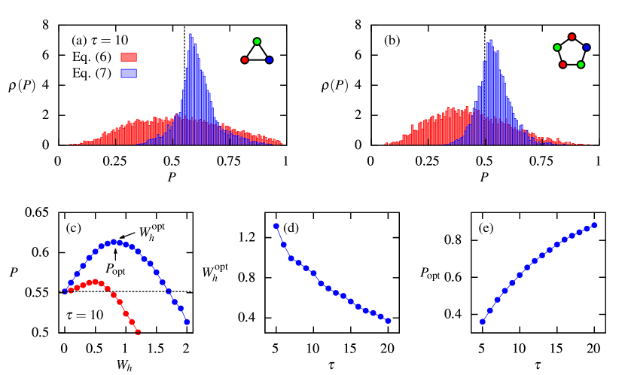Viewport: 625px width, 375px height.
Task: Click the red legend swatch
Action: [129, 57]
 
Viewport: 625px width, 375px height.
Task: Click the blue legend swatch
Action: [129, 74]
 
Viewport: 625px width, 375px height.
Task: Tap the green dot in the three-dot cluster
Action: [257, 41]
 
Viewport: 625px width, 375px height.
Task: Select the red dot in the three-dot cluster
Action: [245, 60]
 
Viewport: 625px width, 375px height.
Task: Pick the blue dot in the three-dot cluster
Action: [269, 60]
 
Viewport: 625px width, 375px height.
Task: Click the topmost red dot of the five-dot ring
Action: [572, 37]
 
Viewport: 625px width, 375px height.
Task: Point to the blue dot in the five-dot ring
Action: [587, 47]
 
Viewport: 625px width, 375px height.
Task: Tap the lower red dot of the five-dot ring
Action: [562, 65]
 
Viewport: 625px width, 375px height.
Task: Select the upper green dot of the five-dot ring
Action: [557, 47]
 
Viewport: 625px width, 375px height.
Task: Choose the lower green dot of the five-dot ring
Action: [581, 65]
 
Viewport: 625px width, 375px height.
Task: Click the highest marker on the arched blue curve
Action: [114, 242]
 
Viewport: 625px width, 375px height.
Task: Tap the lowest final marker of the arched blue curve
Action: [187, 322]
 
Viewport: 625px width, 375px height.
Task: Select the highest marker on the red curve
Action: [95, 282]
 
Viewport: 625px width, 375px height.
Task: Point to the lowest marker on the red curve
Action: [138, 331]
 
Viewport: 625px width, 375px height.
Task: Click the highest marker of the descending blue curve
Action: [276, 226]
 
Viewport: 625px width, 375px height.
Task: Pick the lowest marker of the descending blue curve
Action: [388, 321]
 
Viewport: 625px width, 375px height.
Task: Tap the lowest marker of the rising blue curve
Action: [483, 322]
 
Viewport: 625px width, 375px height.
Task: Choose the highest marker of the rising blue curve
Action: [594, 225]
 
